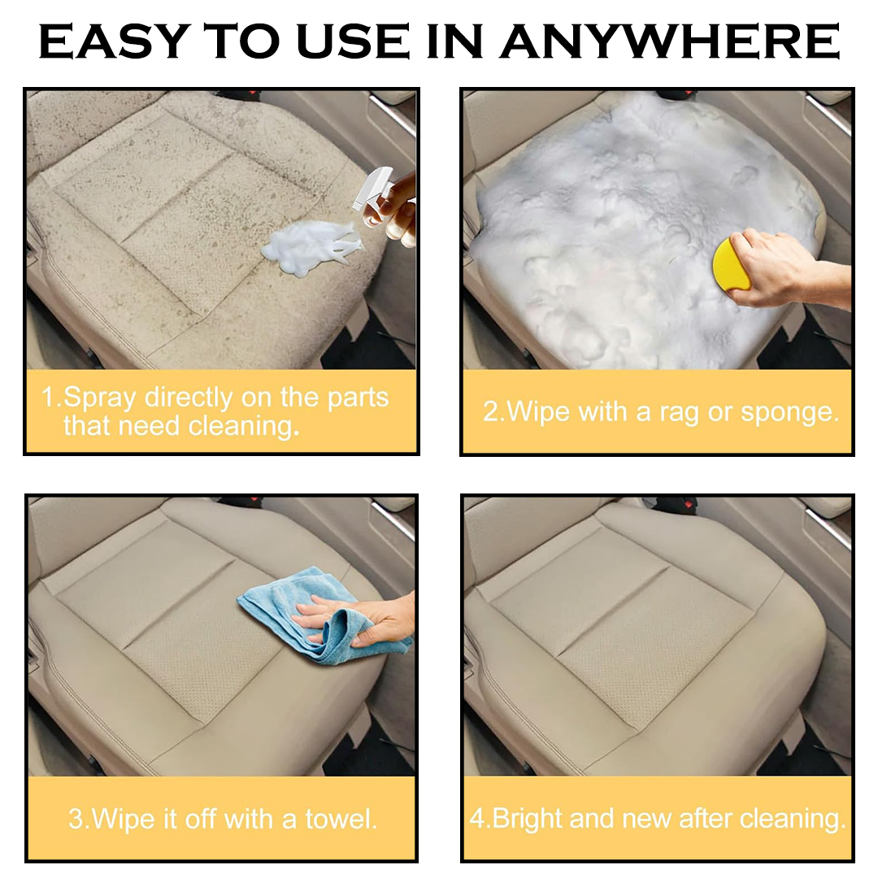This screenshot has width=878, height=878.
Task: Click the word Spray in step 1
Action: [101, 398]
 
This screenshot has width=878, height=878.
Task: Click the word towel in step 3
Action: [340, 818]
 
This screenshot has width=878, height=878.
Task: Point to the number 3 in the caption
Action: [76, 818]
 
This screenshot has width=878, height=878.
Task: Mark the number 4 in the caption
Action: [477, 818]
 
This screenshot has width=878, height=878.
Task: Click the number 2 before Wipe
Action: [491, 411]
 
